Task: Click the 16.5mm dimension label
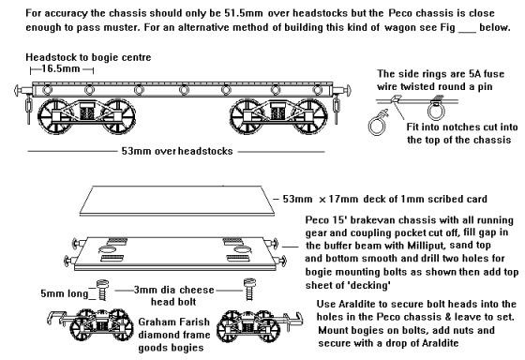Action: tap(61, 68)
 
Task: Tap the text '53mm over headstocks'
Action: tap(177, 151)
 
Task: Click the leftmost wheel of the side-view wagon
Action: tap(54, 116)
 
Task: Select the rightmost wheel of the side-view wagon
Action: tap(309, 116)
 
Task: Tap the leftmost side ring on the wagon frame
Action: tap(47, 90)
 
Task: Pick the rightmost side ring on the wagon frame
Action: tap(318, 90)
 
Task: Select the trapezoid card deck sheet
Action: tap(177, 201)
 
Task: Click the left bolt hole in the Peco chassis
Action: tap(107, 249)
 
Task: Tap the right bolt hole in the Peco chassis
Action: tap(243, 249)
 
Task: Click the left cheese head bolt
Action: tap(102, 290)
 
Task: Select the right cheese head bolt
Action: tap(249, 290)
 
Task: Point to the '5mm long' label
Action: tap(64, 293)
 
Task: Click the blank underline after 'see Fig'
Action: tap(467, 32)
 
